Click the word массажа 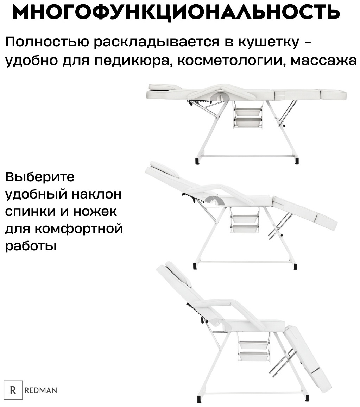pos(323,61)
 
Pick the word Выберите pos(40,177)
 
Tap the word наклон pos(96,194)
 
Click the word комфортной pos(78,229)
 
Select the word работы pos(31,245)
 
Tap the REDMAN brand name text pos(41,390)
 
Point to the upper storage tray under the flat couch pos(248,112)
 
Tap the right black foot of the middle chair pos(295,266)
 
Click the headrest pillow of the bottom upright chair pos(178,274)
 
